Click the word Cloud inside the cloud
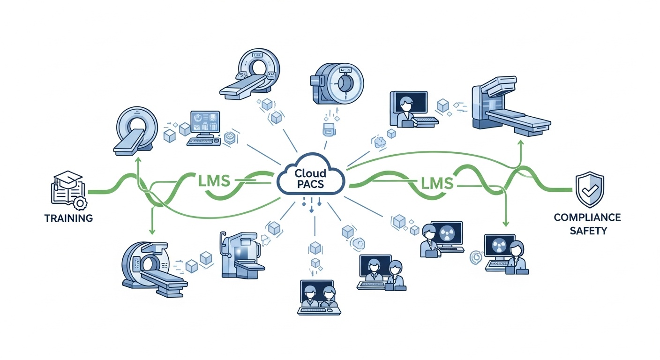click(x=310, y=173)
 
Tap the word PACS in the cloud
click(x=310, y=184)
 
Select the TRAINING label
click(x=69, y=218)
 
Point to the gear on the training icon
click(x=80, y=203)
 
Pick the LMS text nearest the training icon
click(x=210, y=180)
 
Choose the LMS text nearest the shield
click(x=436, y=182)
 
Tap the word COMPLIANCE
click(x=587, y=217)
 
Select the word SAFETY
click(x=587, y=231)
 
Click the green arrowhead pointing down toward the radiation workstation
click(x=505, y=223)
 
